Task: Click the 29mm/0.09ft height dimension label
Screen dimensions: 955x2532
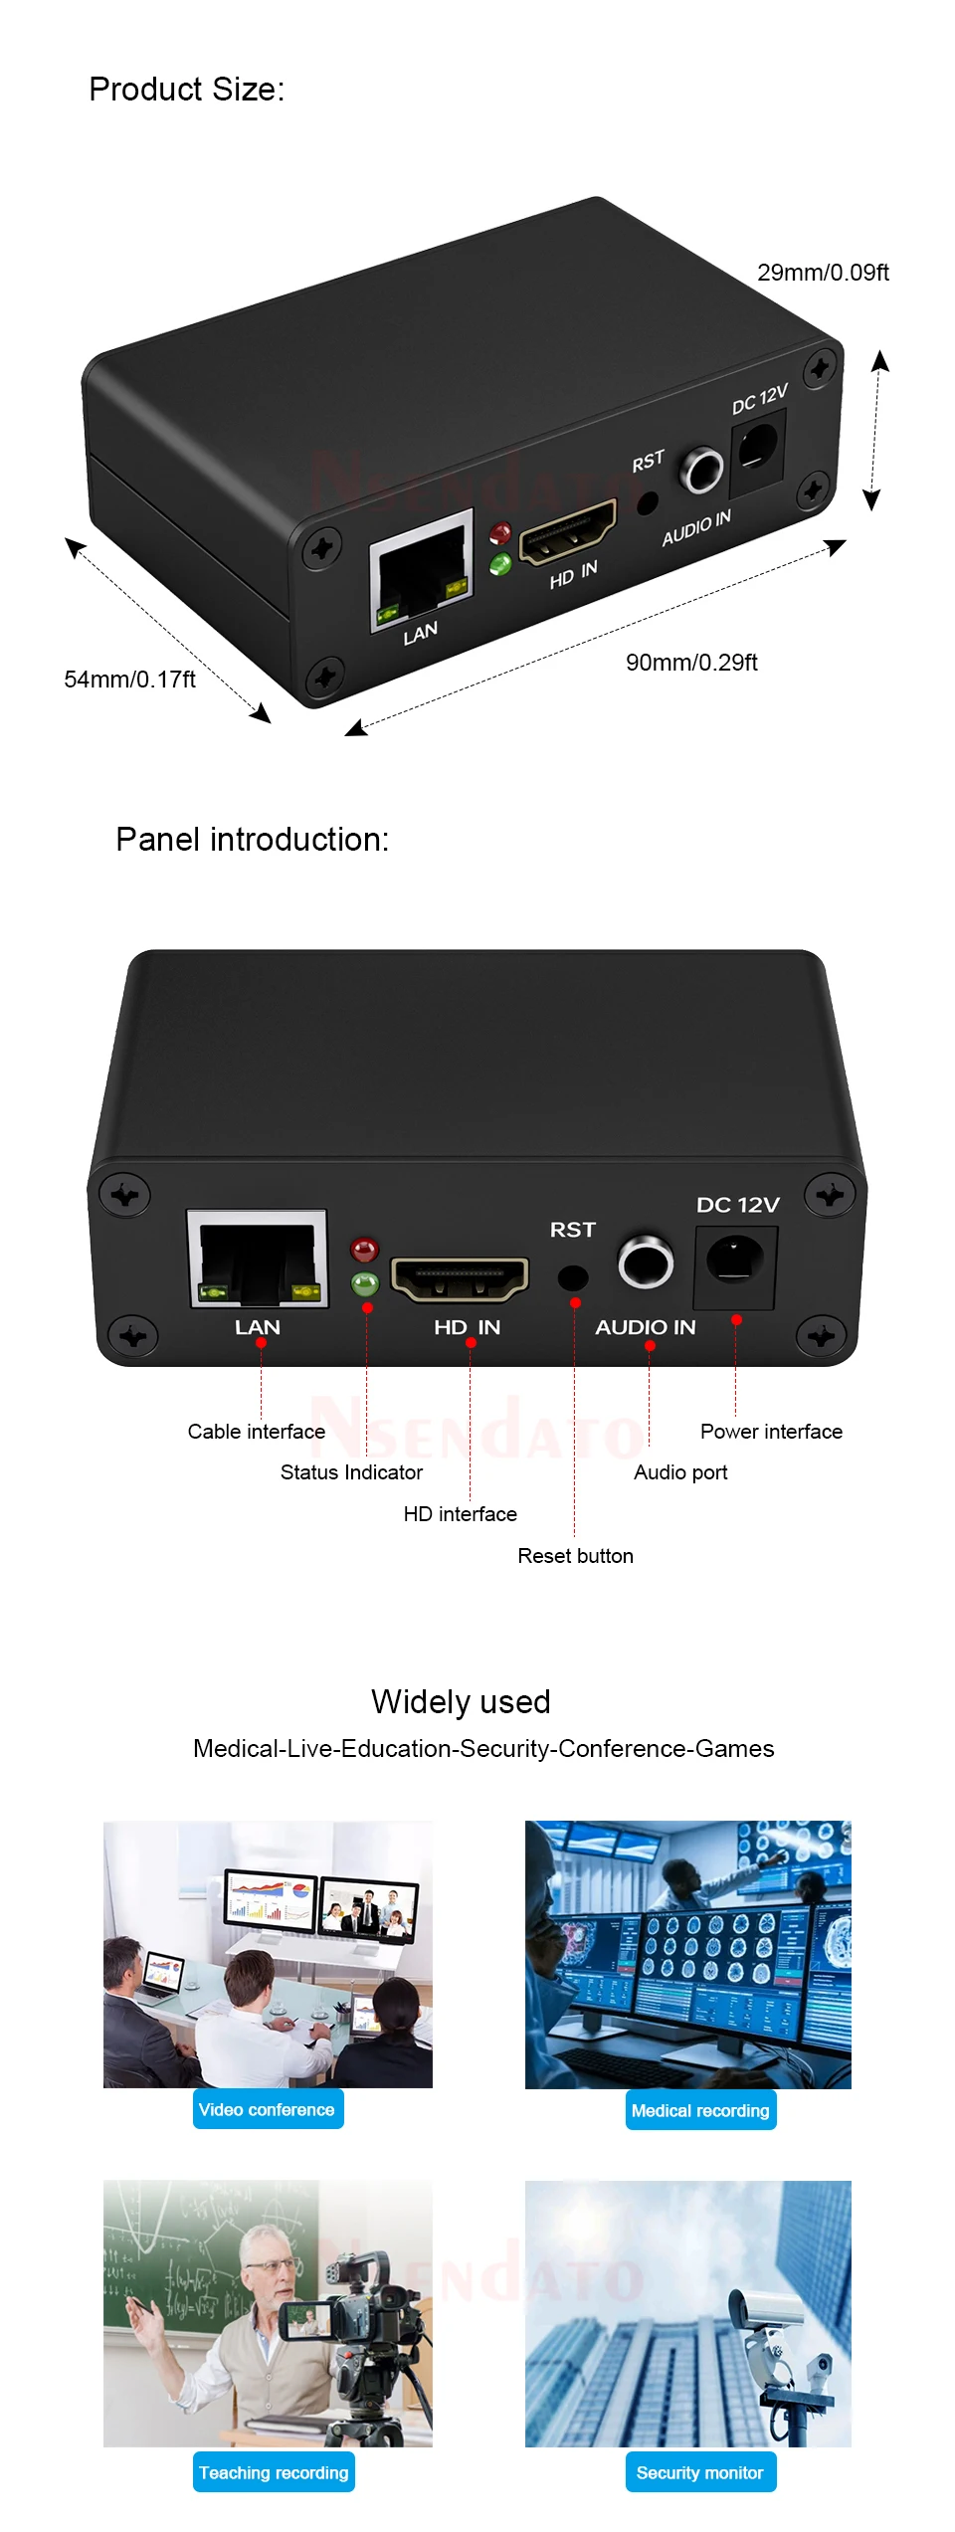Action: [x=823, y=273]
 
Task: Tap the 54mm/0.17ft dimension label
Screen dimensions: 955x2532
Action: [x=129, y=680]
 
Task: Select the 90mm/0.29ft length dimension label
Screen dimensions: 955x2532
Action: [x=691, y=663]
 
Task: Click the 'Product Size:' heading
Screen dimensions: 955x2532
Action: [x=187, y=90]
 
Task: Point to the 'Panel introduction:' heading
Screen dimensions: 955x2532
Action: [x=252, y=840]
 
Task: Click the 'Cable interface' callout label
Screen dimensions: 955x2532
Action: [x=257, y=1432]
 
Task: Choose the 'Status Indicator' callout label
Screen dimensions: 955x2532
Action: [x=351, y=1472]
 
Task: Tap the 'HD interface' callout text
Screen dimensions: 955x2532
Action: [x=460, y=1514]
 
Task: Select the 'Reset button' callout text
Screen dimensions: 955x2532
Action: [x=575, y=1556]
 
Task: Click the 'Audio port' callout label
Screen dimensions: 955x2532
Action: [x=680, y=1472]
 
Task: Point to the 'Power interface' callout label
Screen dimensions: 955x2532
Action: [x=771, y=1432]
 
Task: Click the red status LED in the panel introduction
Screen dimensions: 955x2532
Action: [x=364, y=1250]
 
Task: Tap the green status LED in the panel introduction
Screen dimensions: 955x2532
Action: [x=364, y=1283]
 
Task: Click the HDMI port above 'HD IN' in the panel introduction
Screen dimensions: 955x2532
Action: [x=460, y=1278]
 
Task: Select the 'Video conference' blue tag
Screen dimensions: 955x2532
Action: [x=268, y=2109]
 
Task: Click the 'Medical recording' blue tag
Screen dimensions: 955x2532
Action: [x=700, y=2110]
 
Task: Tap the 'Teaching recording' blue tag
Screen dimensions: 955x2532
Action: [x=274, y=2472]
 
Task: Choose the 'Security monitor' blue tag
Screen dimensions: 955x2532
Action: [x=700, y=2472]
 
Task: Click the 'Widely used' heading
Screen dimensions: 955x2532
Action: [x=461, y=1702]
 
